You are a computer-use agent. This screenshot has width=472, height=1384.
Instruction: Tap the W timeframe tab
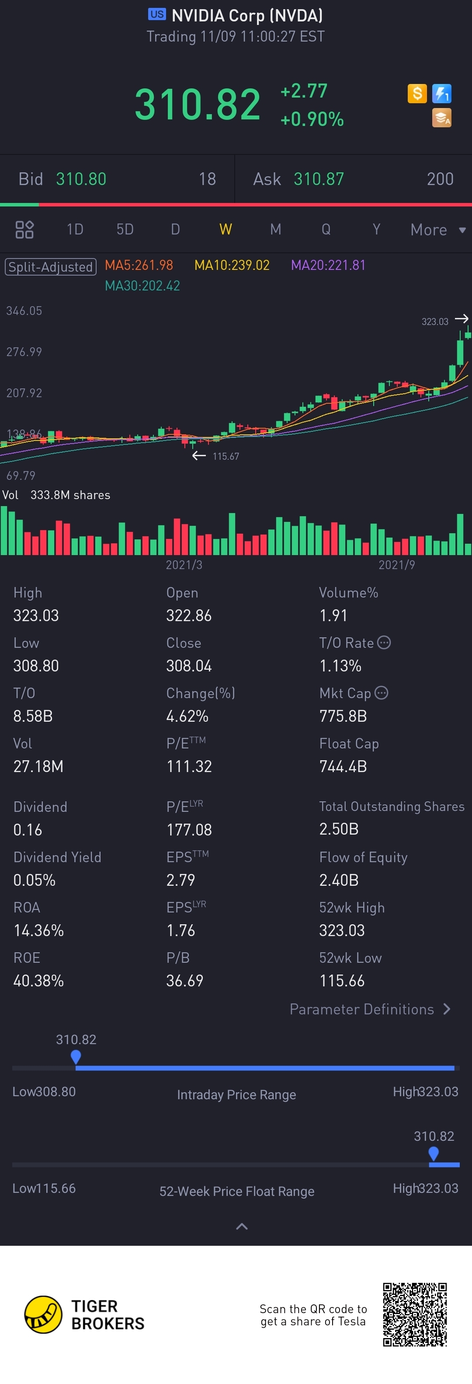coord(226,229)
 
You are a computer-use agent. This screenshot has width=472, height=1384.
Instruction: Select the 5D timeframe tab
coord(125,229)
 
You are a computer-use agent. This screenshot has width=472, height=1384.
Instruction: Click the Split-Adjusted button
coord(50,266)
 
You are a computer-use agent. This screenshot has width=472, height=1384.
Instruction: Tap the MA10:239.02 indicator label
coord(232,266)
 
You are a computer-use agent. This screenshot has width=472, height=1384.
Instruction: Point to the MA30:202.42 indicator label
coord(142,286)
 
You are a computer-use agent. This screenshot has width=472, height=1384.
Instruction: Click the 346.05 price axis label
coord(24,311)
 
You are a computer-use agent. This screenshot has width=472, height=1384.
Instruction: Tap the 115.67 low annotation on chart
coord(226,456)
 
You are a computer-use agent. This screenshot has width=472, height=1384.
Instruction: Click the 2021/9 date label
coord(396,565)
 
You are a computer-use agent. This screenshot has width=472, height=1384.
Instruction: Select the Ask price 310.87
coord(319,179)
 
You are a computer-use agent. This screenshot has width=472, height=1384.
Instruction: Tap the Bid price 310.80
coord(81,179)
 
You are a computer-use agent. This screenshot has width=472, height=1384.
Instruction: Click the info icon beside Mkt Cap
coord(381,693)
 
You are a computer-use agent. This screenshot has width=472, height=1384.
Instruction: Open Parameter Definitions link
coord(369,1009)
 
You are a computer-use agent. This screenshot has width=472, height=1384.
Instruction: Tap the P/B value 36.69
coord(185,981)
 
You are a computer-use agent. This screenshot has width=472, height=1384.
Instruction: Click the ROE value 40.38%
coord(38,981)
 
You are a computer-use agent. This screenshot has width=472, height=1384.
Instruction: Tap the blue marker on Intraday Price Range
coord(76,1056)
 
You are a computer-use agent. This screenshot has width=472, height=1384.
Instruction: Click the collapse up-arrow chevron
coord(242,1226)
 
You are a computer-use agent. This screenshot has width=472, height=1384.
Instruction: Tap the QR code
coord(415,1314)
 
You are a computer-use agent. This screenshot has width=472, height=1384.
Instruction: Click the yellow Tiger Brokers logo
coord(43,1314)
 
